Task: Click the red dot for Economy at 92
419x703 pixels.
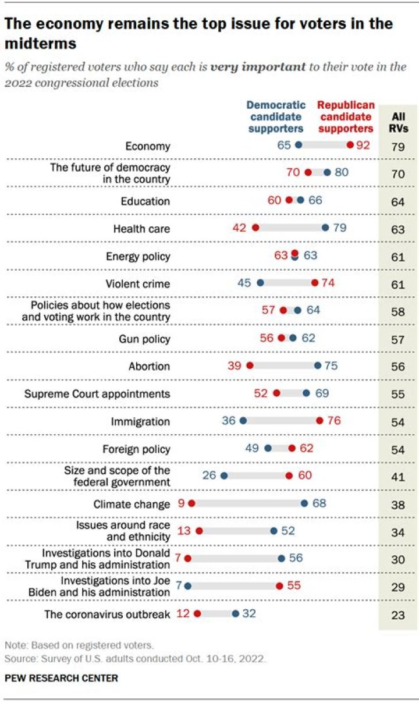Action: (x=350, y=146)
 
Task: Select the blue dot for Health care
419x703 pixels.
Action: (x=325, y=229)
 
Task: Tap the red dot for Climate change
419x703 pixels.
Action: (x=191, y=503)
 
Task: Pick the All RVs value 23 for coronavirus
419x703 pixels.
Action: (x=398, y=614)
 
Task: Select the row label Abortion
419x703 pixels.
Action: (x=150, y=367)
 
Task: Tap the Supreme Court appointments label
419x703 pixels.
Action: (x=97, y=394)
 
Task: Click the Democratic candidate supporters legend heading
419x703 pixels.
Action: (x=276, y=116)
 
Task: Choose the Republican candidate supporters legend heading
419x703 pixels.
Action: (x=346, y=116)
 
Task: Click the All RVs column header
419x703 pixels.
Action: (x=398, y=122)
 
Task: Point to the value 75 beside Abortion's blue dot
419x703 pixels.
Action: (x=331, y=367)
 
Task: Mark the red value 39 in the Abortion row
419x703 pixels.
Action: (x=235, y=367)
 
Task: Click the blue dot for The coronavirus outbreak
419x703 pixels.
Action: (x=235, y=613)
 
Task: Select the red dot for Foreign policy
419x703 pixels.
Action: (x=292, y=448)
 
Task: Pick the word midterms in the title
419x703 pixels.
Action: (x=40, y=43)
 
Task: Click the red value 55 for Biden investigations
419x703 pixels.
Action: (x=294, y=585)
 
